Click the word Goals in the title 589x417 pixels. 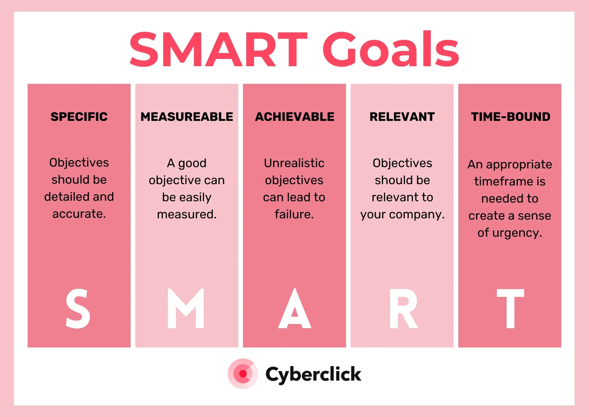tap(391, 49)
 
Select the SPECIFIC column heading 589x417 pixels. tap(79, 117)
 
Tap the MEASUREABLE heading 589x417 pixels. tap(187, 117)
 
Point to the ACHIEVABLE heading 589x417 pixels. tap(295, 117)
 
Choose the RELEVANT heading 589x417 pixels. tap(402, 117)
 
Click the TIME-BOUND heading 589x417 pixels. tap(510, 117)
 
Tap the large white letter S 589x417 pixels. tap(78, 308)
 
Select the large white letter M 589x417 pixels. tap(186, 308)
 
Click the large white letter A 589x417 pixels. tap(295, 308)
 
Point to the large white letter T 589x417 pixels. tap(510, 308)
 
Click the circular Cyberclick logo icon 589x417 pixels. tap(243, 373)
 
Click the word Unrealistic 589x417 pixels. tap(294, 163)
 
